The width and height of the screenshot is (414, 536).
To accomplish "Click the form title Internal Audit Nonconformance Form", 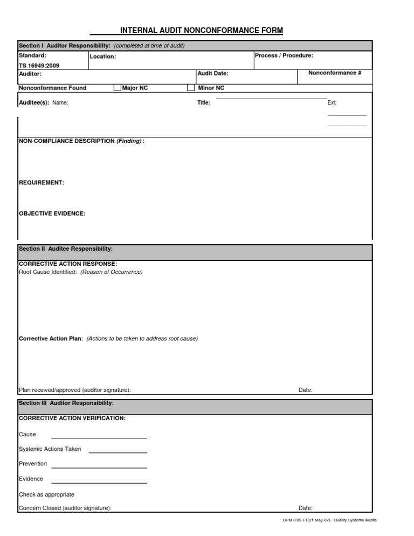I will (x=201, y=31).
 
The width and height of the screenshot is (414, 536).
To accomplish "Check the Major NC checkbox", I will (x=118, y=88).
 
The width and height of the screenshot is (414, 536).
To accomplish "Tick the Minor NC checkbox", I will (x=191, y=88).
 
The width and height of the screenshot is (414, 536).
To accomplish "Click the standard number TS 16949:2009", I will (x=39, y=65).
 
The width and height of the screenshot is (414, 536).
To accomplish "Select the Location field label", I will (x=103, y=57).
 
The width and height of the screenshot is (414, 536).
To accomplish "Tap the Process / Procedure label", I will (x=284, y=56).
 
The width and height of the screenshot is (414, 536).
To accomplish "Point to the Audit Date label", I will (x=213, y=73).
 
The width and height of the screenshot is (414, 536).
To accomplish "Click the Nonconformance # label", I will (x=335, y=73).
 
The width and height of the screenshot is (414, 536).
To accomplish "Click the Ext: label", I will (x=332, y=102).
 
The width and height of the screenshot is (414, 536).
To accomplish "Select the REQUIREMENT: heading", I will (x=42, y=183).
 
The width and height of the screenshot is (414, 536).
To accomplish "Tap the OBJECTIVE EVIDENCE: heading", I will (x=52, y=214).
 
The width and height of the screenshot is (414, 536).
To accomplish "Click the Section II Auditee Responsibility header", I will (x=66, y=249).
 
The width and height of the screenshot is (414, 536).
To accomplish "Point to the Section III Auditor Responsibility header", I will (x=66, y=403).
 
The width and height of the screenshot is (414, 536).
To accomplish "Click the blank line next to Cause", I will (x=99, y=438).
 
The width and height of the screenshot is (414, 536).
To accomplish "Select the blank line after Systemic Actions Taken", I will (x=118, y=452).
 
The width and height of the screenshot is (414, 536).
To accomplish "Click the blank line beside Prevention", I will (x=99, y=468).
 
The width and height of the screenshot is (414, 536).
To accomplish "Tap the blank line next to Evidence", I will (x=99, y=483).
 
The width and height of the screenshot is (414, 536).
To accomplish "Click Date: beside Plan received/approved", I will (x=306, y=390).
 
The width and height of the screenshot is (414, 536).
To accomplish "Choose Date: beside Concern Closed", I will (x=306, y=508).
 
